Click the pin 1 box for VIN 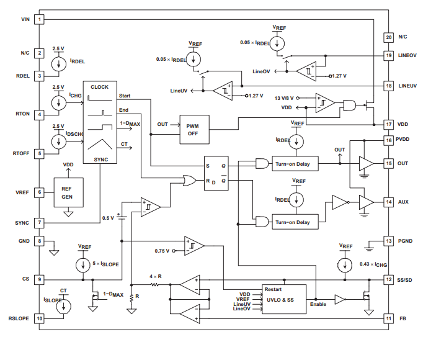pos(39,19)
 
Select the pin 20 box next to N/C pos(389,37)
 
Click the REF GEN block pos(67,193)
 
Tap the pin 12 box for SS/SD pos(389,280)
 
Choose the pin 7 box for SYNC pos(39,222)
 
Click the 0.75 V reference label pos(162,251)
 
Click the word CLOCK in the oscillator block pos(99,88)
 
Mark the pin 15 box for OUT pos(389,164)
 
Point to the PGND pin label pos(407,241)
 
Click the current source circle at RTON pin pos(59,102)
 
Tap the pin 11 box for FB pos(389,319)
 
